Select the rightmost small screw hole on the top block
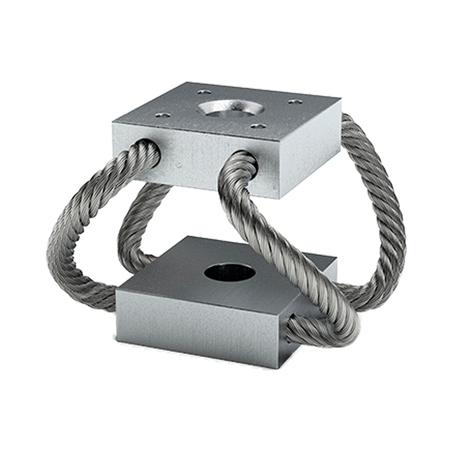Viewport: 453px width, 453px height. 294,102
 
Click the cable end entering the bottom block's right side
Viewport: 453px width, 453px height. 292,328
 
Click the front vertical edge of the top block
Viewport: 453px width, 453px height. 277,169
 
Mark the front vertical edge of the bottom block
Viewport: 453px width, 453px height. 282,338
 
